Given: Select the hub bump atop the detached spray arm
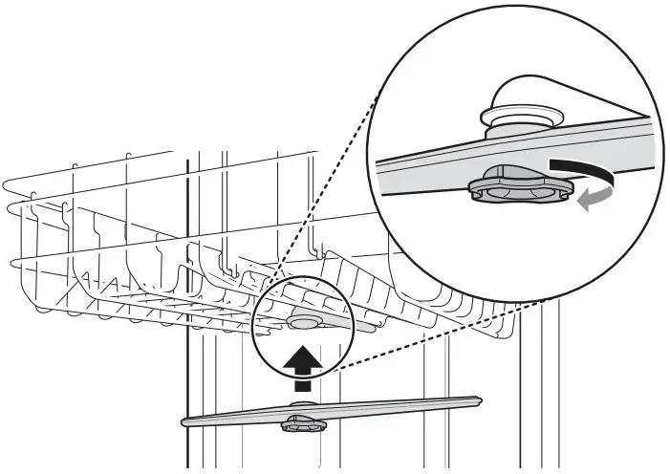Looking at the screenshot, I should click(x=301, y=408).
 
